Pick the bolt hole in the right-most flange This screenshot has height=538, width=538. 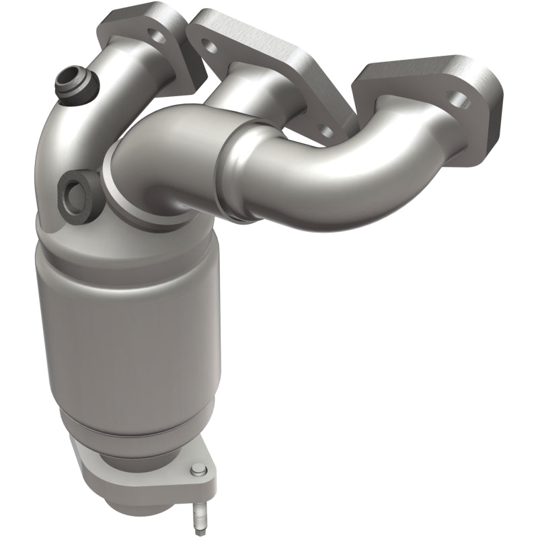pos(460,101)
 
